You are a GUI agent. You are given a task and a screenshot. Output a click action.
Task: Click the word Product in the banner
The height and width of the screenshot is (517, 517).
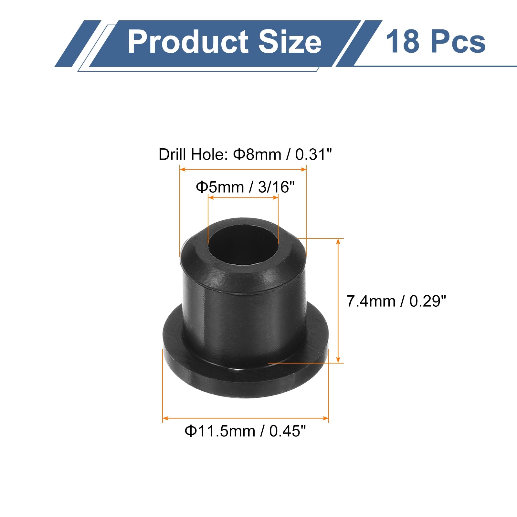[188, 42]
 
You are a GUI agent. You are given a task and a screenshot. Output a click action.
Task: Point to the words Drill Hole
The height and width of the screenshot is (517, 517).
[193, 154]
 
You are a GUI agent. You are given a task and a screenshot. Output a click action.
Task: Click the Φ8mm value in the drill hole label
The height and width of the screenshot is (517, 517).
[257, 154]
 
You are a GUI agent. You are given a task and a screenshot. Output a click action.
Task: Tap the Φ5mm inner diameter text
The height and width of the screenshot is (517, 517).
[220, 187]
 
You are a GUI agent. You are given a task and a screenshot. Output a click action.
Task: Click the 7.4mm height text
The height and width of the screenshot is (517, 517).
[371, 301]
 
